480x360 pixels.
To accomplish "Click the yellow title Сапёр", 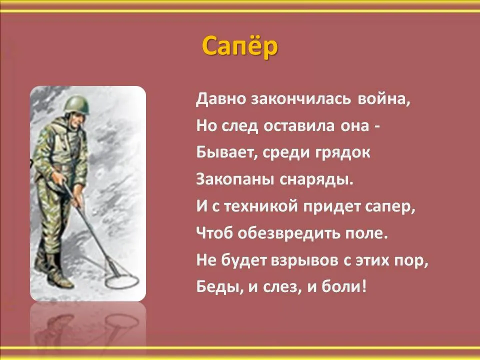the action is [x=239, y=46].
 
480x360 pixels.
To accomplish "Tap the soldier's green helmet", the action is [x=76, y=104].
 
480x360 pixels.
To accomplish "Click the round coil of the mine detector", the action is [x=122, y=281].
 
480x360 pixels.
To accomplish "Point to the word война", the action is [x=383, y=99].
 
